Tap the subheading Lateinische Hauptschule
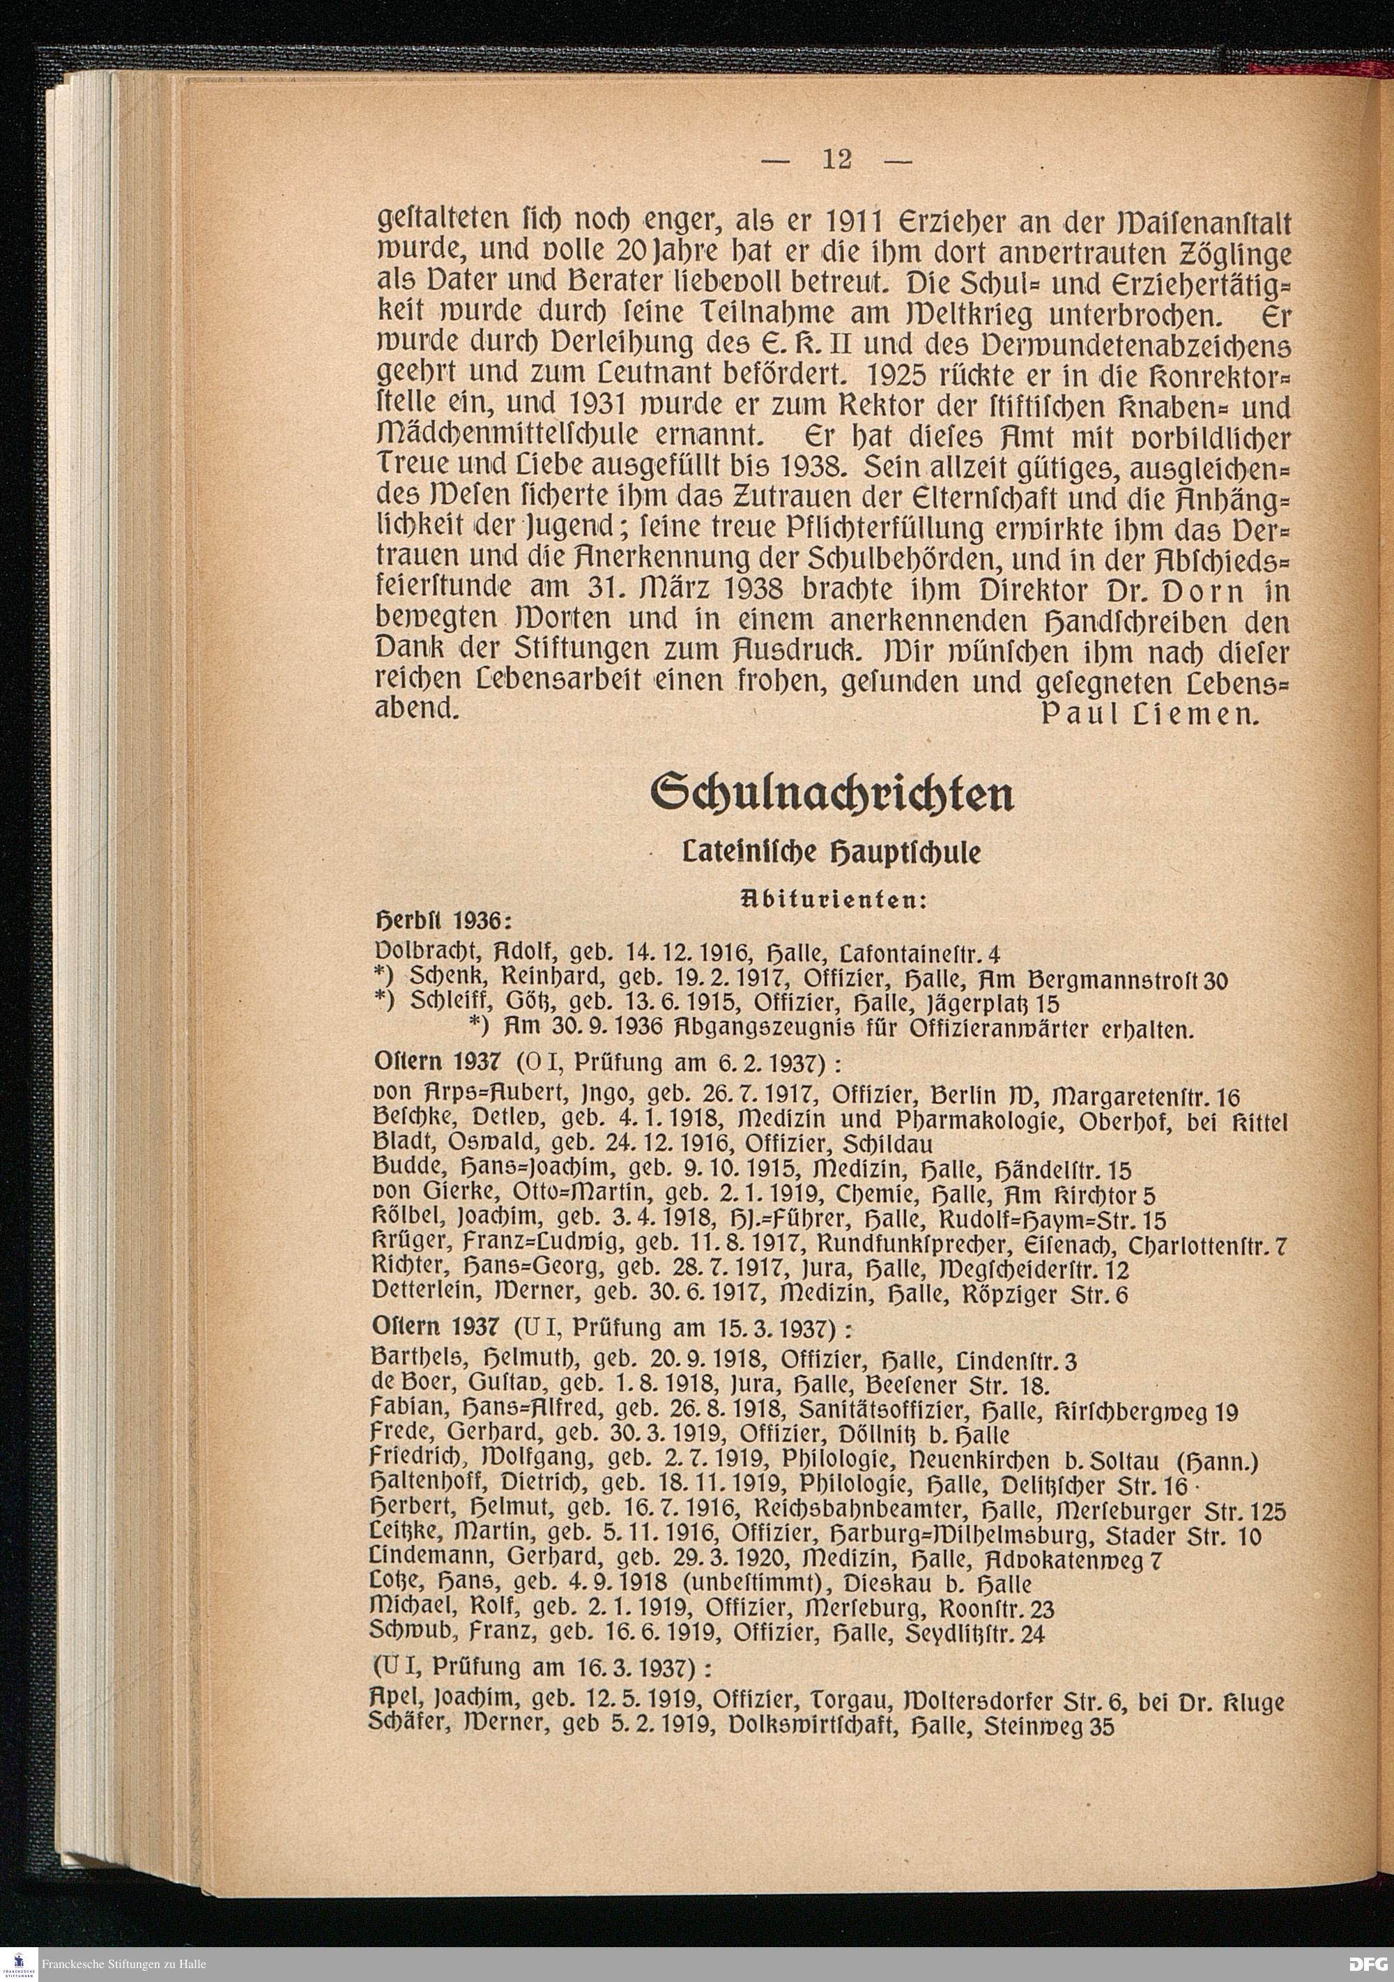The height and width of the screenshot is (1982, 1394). [x=832, y=854]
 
